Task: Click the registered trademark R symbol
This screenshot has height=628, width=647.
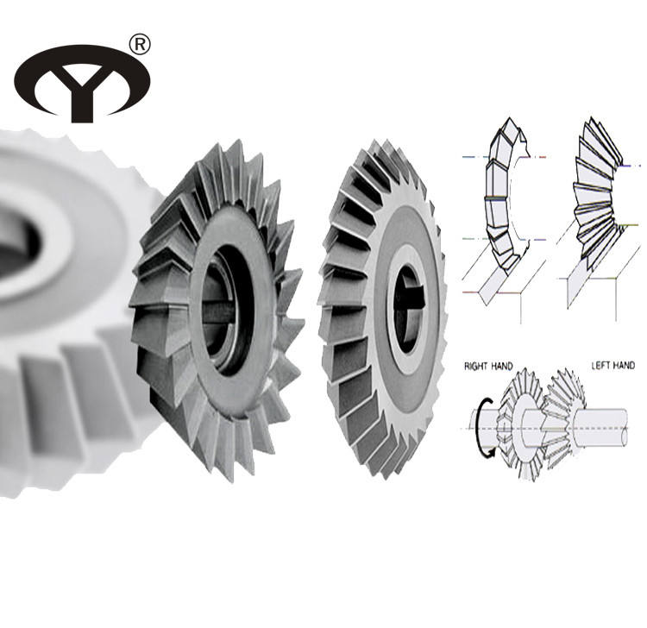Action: [140, 44]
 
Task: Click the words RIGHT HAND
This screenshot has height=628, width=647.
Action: [488, 366]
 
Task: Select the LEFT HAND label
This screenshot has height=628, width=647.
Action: [612, 365]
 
